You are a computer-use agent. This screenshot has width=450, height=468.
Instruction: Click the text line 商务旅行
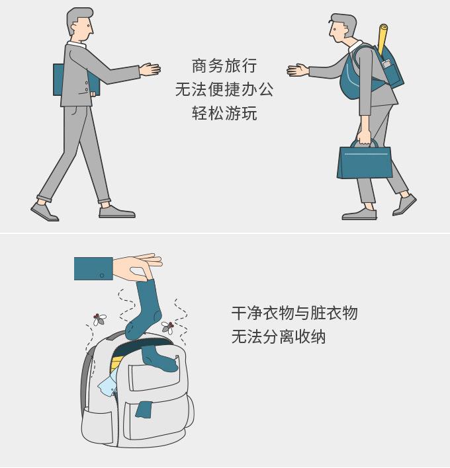[x=224, y=66]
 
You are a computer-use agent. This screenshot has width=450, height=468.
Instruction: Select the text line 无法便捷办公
[x=224, y=90]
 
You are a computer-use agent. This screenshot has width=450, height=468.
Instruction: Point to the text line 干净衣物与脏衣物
[x=294, y=313]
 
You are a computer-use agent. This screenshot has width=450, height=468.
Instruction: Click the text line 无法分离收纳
[x=279, y=336]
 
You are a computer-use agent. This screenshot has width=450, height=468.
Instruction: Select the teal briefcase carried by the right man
[x=364, y=161]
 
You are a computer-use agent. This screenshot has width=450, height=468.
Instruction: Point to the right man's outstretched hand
[x=298, y=70]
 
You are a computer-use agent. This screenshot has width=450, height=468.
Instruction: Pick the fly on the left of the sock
[x=100, y=320]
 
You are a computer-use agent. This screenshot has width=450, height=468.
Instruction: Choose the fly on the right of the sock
[x=167, y=327]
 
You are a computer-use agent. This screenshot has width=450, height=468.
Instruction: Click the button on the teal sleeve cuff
[x=102, y=274]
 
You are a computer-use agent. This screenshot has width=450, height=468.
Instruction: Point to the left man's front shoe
[x=117, y=212]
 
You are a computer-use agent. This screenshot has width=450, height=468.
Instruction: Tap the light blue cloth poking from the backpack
[x=107, y=384]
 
